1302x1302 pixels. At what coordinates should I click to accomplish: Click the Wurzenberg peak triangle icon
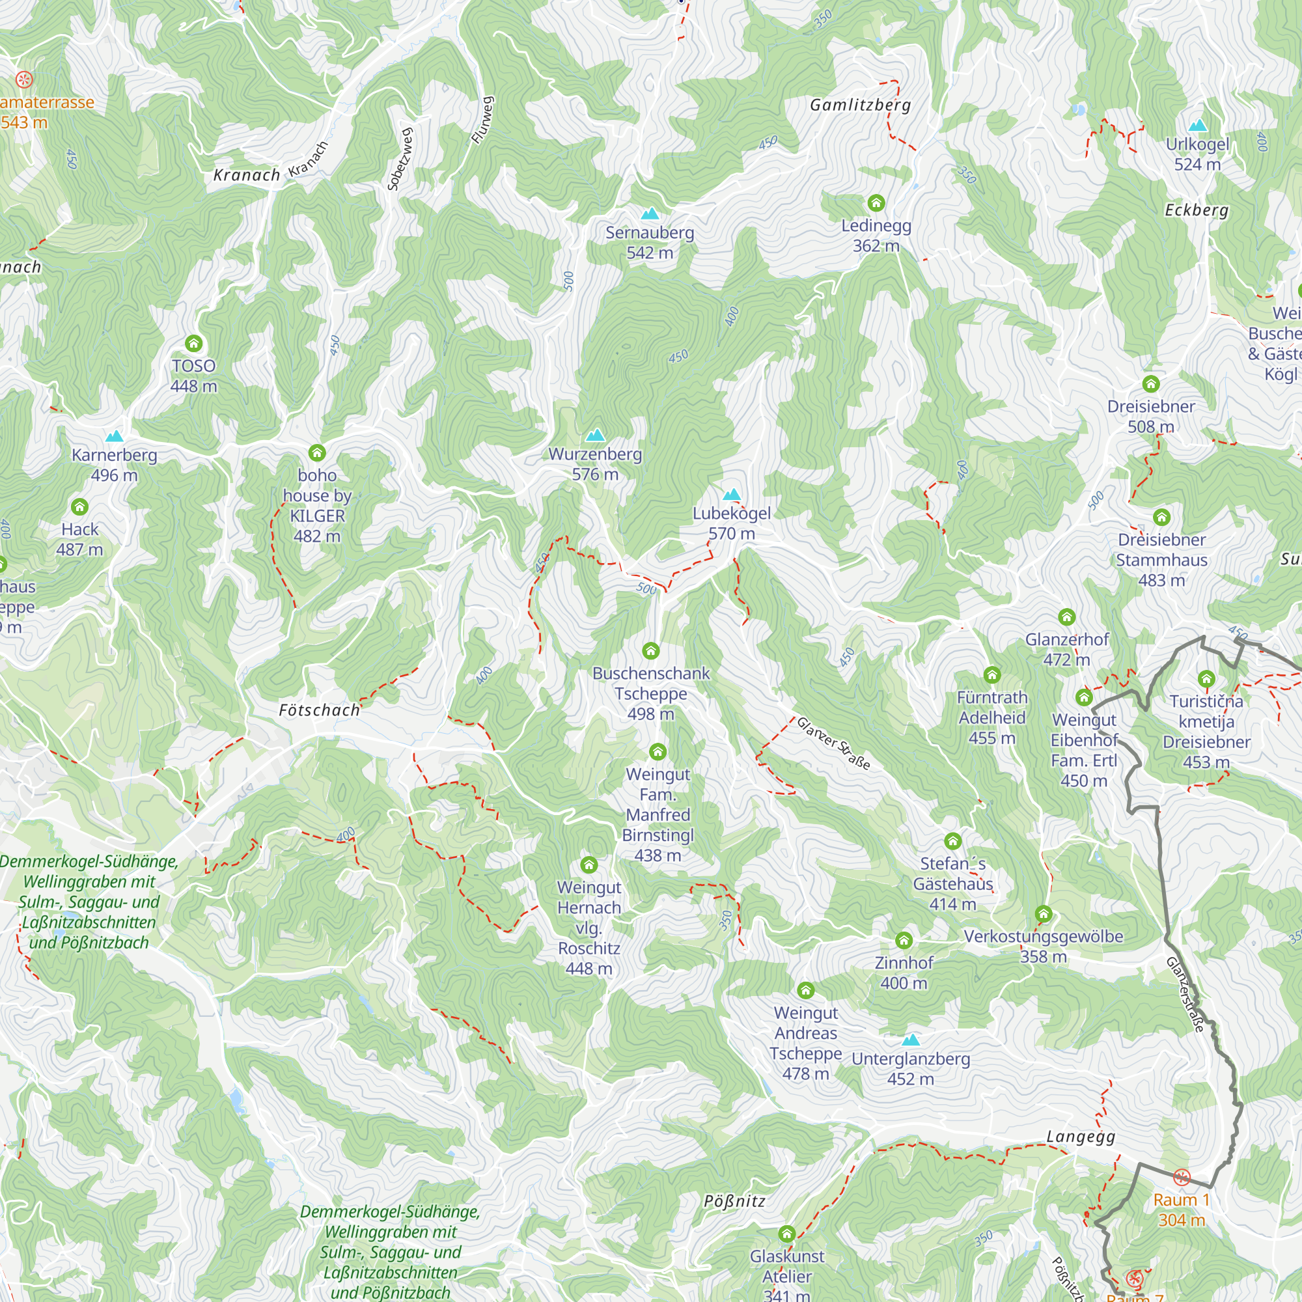click(x=595, y=436)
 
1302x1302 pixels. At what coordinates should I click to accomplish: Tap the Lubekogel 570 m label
click(x=731, y=523)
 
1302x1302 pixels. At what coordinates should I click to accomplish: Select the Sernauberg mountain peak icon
click(x=650, y=214)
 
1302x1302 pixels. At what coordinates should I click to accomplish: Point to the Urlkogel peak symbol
click(x=1198, y=126)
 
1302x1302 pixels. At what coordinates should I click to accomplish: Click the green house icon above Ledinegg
click(x=876, y=202)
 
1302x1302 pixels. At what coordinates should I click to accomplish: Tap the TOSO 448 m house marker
click(x=194, y=344)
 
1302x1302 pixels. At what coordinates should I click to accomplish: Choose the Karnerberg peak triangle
click(x=115, y=437)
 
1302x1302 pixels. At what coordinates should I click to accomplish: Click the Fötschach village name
click(x=320, y=710)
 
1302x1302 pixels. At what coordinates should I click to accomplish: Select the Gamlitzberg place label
click(x=861, y=105)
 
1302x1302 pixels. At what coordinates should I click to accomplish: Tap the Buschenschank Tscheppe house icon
click(x=650, y=651)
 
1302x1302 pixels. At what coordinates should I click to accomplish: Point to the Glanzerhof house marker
click(x=1066, y=616)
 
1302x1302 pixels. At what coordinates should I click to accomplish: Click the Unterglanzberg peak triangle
click(x=911, y=1040)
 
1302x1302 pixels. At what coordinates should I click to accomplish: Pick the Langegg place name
click(x=1081, y=1137)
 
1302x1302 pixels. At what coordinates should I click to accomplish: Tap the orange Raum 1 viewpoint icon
click(x=1182, y=1177)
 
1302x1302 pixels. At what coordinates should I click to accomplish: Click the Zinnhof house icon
click(x=904, y=940)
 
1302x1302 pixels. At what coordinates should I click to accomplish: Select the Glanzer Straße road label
click(x=834, y=743)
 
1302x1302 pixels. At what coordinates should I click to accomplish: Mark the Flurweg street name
click(x=482, y=120)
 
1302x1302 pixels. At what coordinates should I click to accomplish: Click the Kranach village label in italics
click(x=247, y=175)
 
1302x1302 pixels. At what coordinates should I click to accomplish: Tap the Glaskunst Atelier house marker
click(x=786, y=1234)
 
